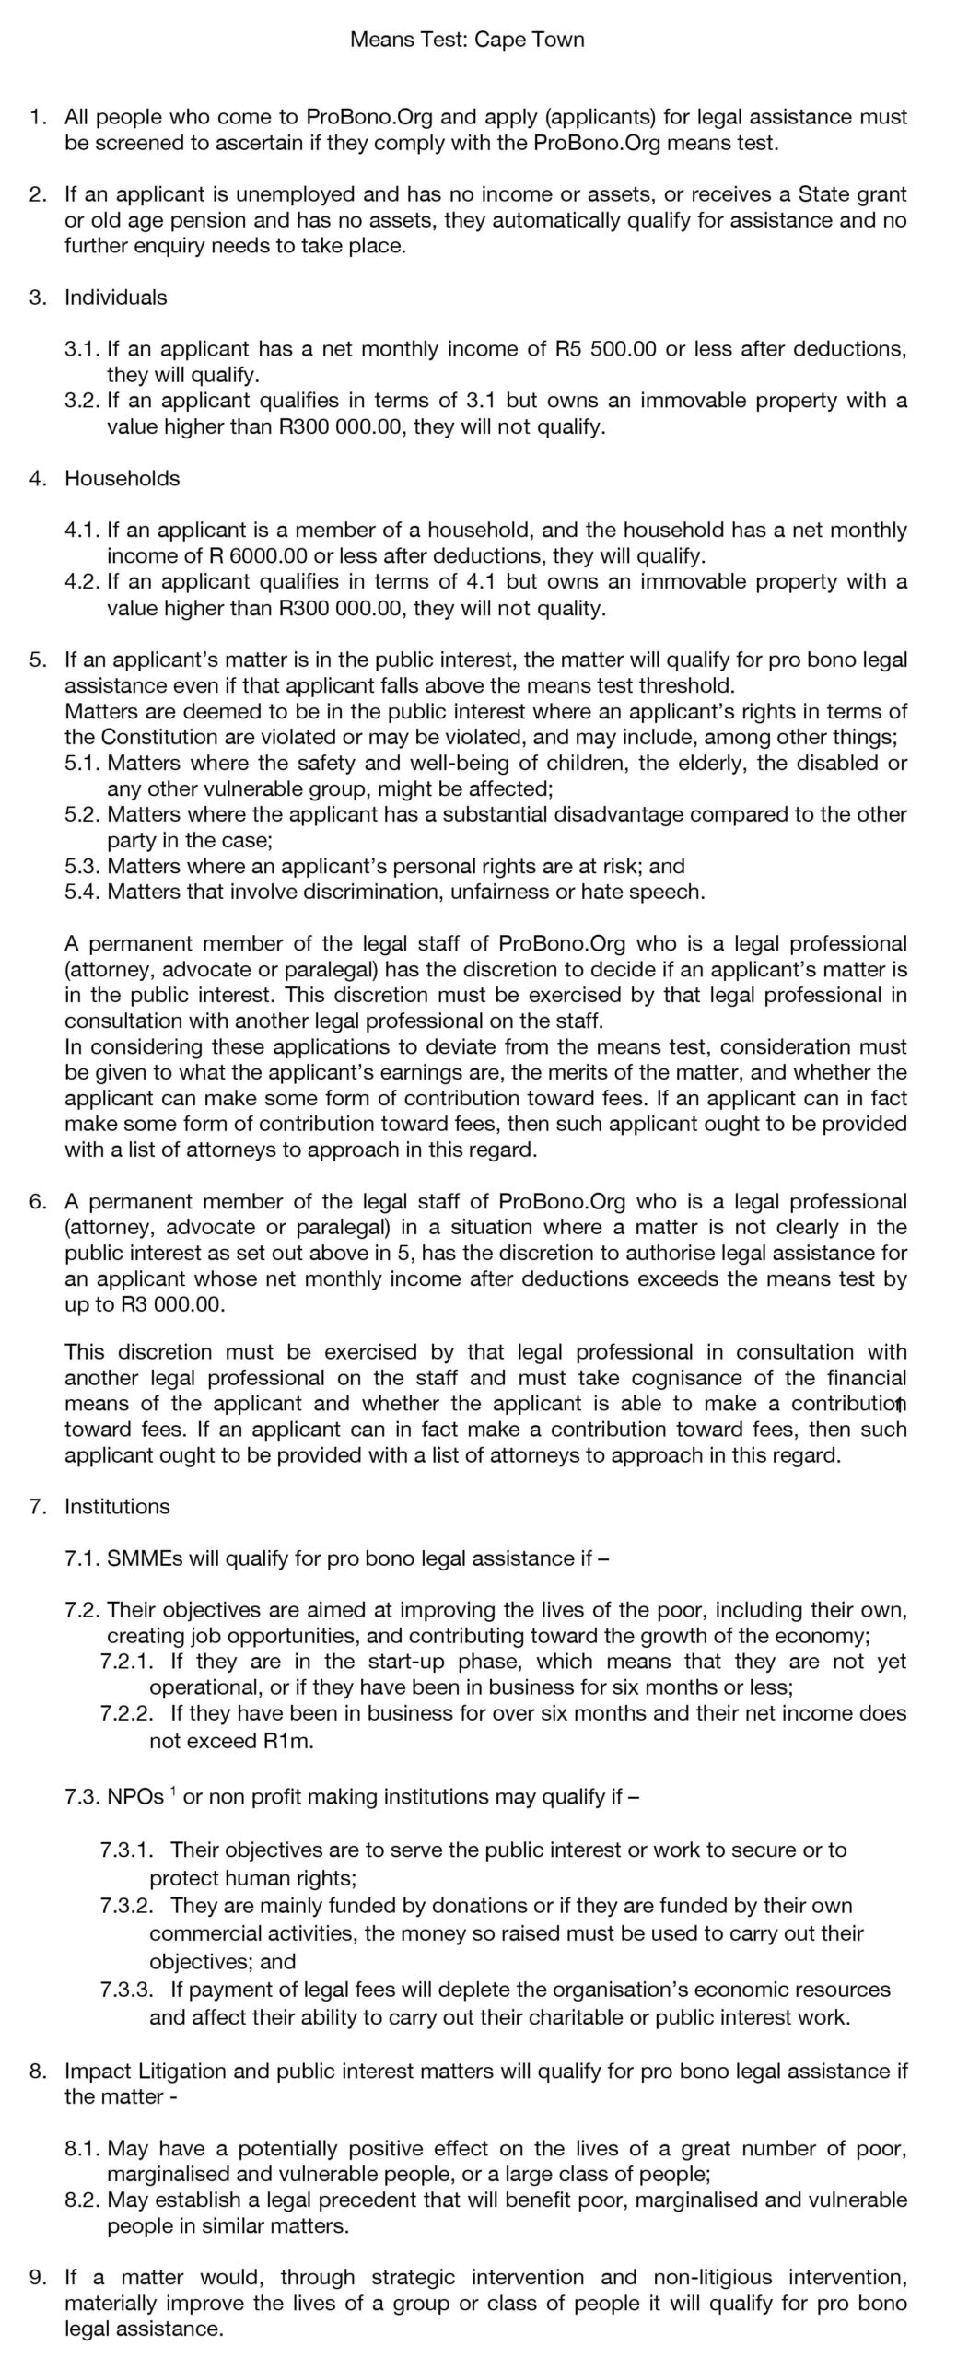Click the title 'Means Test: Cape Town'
(x=467, y=40)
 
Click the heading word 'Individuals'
(x=115, y=298)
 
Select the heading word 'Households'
(x=122, y=478)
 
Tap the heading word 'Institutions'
(x=117, y=1506)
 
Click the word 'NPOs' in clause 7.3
(x=135, y=1797)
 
